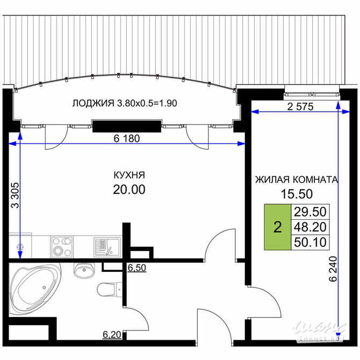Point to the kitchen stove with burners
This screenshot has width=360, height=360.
click(x=65, y=247)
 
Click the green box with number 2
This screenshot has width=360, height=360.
click(x=277, y=227)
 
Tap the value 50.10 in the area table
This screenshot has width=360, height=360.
click(x=311, y=243)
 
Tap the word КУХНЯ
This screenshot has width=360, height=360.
click(x=129, y=175)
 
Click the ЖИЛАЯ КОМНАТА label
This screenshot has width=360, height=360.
click(x=297, y=180)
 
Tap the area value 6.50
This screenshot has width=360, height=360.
click(x=136, y=267)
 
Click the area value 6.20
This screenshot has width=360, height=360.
click(x=112, y=335)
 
